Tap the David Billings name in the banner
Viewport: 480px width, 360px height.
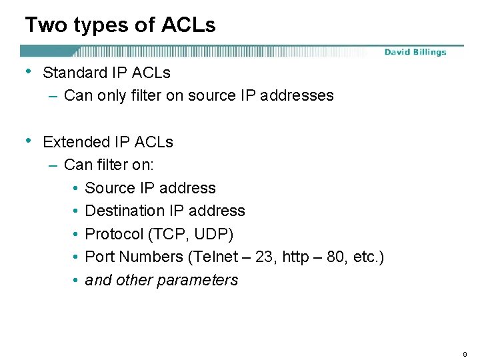pyautogui.click(x=415, y=52)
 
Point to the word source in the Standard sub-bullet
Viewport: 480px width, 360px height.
pyautogui.click(x=211, y=95)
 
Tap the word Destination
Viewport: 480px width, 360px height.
pyautogui.click(x=125, y=211)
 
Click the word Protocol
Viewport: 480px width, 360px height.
pyautogui.click(x=114, y=234)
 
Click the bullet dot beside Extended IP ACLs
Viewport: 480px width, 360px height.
pyautogui.click(x=28, y=141)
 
